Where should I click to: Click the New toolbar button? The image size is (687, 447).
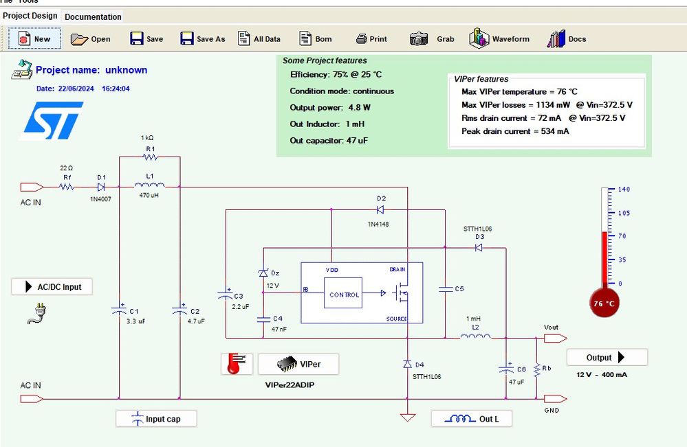coord(34,39)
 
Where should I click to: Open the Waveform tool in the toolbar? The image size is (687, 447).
coord(500,39)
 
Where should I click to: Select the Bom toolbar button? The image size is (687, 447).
coord(316,39)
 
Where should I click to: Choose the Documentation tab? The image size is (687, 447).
coord(93,16)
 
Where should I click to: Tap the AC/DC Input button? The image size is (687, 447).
coord(52,287)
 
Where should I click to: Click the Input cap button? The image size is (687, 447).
coord(156,419)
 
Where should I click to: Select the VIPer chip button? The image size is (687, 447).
coord(298,364)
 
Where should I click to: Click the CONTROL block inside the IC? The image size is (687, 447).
coord(343,295)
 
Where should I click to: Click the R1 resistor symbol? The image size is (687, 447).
coord(149,157)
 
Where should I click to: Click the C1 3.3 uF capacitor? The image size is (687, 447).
coord(119,310)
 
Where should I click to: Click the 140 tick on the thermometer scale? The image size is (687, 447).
coord(624,189)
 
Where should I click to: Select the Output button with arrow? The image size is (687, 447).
coord(607,357)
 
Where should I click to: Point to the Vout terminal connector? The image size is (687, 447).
coord(554,338)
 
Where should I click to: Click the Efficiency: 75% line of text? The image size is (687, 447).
coord(337,74)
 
